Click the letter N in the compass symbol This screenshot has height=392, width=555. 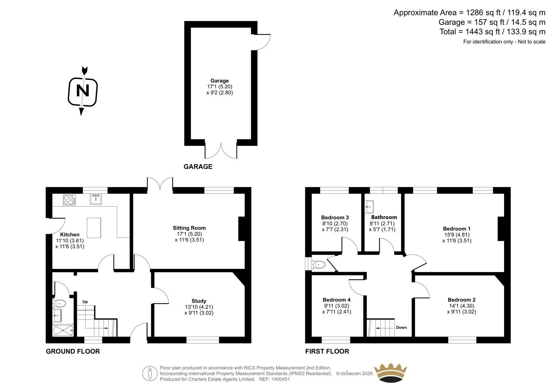[x=83, y=90]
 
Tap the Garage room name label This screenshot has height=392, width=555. [x=220, y=81]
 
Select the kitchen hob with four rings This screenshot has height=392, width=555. [x=69, y=200]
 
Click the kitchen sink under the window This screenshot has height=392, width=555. [x=96, y=199]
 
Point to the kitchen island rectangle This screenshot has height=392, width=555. [x=94, y=228]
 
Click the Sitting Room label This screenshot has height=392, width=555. [x=189, y=228]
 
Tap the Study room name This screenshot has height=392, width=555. [x=199, y=301]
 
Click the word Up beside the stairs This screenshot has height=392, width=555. [x=85, y=302]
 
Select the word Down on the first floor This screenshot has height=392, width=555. [x=401, y=328]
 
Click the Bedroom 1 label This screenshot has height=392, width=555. [x=456, y=228]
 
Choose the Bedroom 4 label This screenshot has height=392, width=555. [x=336, y=300]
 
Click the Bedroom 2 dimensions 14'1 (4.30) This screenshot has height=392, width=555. [x=462, y=306]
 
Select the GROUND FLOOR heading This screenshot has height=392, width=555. [x=73, y=351]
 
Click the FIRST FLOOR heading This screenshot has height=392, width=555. [x=327, y=351]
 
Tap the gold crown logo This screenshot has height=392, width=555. [x=390, y=373]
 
